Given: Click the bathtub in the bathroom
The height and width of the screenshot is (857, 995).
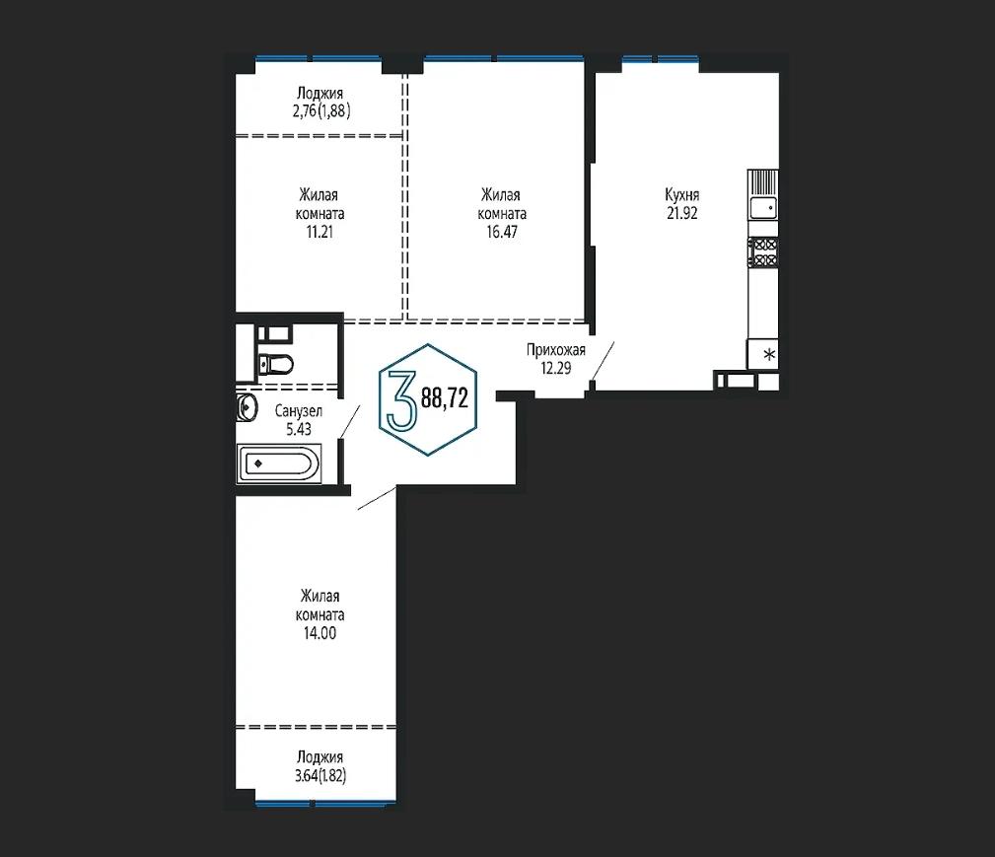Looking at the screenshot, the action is [x=278, y=464].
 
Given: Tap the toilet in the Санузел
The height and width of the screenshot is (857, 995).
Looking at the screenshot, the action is [x=275, y=364].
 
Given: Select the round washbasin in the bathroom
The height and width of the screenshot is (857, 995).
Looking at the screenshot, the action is [x=246, y=407].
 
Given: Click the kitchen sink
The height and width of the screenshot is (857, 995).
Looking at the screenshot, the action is [x=762, y=207].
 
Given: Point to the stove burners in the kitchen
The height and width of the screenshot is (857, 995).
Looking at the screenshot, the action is [x=763, y=251].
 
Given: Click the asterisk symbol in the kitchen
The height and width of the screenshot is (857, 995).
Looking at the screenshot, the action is [x=769, y=354].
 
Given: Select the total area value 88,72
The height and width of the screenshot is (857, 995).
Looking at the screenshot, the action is [x=445, y=398].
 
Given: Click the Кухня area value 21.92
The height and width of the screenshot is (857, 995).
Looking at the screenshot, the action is [x=681, y=213].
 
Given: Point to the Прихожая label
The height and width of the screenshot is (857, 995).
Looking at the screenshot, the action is [x=556, y=350].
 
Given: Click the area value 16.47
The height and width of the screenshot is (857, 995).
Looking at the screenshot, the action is [x=501, y=232].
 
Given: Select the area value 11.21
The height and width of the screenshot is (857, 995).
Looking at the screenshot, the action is [x=320, y=232].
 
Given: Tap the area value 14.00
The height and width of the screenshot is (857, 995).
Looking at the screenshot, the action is [x=320, y=633].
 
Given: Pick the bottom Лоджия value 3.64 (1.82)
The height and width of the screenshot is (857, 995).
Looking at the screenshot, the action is [x=320, y=775].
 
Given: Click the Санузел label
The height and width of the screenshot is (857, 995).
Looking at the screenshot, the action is [x=298, y=411].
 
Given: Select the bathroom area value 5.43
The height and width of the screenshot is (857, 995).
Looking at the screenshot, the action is [x=298, y=429].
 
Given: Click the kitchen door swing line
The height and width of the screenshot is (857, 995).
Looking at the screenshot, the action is [x=603, y=361].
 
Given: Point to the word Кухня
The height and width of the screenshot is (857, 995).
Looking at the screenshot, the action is [x=681, y=195].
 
